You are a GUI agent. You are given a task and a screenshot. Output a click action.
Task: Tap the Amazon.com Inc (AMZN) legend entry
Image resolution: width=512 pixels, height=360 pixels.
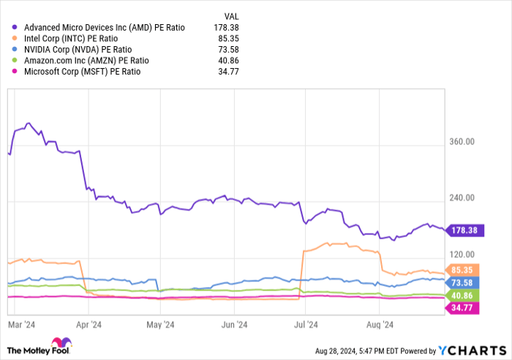86,61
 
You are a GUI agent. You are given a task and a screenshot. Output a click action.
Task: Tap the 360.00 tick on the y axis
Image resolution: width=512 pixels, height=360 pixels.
462,142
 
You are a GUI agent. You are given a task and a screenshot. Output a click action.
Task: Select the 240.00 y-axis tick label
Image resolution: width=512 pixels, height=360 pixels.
462,198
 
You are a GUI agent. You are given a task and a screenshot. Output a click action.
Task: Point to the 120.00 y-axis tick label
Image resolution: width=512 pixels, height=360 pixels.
462,253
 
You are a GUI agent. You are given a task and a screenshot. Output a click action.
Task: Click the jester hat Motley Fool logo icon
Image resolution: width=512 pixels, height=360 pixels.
59,344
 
